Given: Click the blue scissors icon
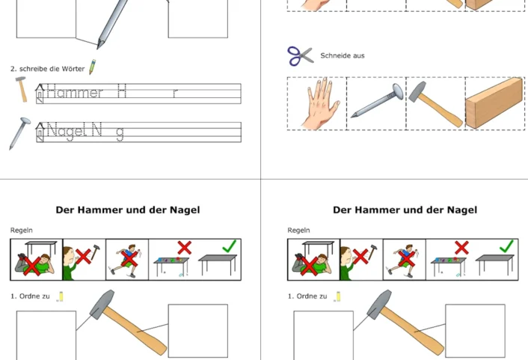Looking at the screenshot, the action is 301,55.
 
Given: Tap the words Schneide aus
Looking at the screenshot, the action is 342,55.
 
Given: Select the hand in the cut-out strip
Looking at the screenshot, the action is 320,103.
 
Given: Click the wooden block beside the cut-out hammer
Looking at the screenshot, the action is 494,103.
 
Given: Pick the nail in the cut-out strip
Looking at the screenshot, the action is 377,100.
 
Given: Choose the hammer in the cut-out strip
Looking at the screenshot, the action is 435,104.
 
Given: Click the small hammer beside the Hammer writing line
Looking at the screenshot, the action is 21,89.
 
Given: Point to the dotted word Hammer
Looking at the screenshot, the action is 75,92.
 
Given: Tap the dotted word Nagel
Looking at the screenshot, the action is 66,130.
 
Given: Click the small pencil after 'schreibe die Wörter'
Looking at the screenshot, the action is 92,67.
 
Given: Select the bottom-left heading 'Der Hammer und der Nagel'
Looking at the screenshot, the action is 128,210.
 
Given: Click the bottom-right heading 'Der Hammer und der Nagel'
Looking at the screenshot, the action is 405,210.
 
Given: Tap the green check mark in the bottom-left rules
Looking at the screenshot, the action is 230,246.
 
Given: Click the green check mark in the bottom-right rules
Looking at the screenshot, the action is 507,246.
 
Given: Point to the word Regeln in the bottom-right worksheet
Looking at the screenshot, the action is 298,231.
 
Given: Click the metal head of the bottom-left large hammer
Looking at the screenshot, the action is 102,304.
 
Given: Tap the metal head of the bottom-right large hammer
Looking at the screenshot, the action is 379,304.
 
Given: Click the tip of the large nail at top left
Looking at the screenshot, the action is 98,48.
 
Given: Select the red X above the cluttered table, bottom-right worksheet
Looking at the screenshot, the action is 461,248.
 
